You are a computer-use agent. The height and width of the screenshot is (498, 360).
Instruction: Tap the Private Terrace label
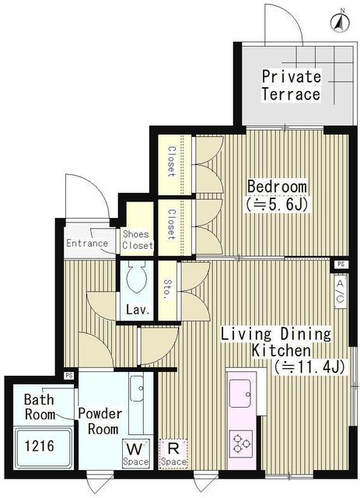290,86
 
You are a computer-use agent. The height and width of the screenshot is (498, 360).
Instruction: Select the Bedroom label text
277,188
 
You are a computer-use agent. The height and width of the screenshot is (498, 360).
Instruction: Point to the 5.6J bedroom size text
277,205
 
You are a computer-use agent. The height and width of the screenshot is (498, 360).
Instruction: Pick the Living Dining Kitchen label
276,343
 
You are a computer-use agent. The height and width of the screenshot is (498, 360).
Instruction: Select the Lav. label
137,310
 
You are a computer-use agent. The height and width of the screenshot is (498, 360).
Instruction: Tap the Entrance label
87,243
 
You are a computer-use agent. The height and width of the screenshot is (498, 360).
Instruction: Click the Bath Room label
39,407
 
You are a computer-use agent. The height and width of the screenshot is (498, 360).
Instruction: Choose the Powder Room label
98,421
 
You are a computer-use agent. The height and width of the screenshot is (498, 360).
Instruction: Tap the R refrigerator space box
173,454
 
